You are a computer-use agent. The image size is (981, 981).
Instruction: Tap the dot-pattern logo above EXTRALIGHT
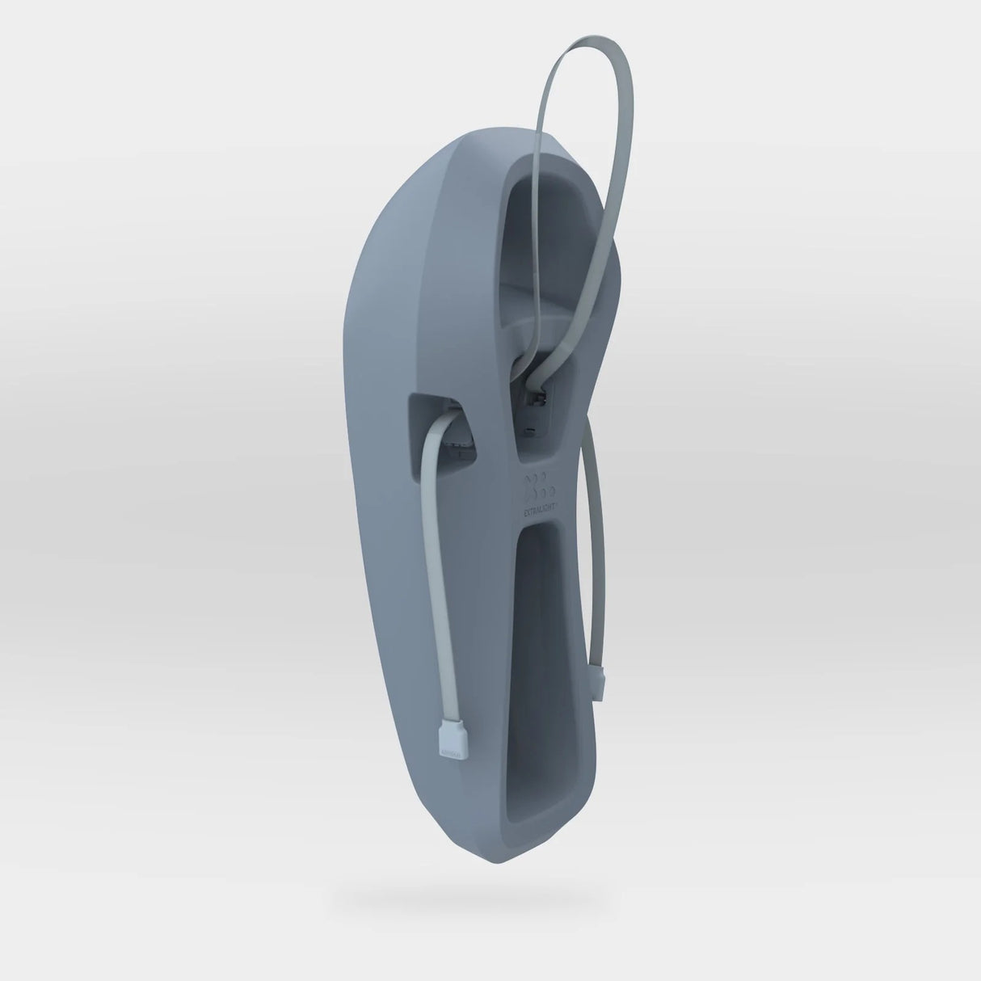540,486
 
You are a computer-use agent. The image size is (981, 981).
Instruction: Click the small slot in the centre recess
529,430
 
